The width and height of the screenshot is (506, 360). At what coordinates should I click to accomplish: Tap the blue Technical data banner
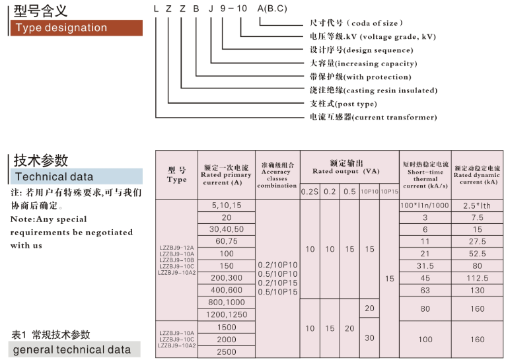(x=76, y=176)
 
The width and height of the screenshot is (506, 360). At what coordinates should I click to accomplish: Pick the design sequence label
(x=362, y=50)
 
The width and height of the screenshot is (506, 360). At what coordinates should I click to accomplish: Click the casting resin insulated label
(x=373, y=90)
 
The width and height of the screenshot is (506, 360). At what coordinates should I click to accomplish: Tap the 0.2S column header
(x=310, y=192)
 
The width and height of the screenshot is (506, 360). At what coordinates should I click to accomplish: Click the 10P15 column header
(x=389, y=192)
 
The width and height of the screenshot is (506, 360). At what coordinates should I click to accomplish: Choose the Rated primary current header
(x=227, y=175)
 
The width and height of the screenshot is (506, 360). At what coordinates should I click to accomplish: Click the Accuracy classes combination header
(x=277, y=175)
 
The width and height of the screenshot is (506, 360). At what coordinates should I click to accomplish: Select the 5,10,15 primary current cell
(x=227, y=205)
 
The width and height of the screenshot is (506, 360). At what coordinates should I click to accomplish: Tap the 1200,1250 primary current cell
(x=227, y=314)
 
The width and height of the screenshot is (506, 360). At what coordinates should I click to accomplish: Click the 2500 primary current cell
(x=227, y=351)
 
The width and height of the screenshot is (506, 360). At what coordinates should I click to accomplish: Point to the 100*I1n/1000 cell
(x=425, y=205)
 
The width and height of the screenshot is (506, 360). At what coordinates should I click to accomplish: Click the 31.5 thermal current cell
(x=425, y=266)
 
